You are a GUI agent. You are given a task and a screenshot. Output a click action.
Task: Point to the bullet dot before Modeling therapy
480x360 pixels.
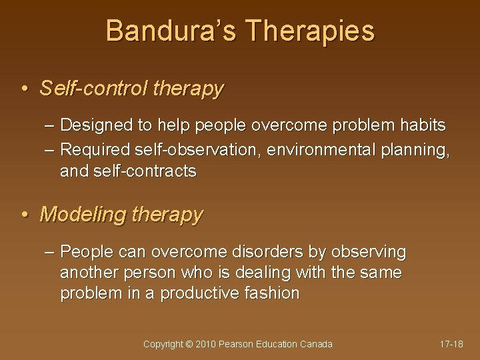[x=25, y=215]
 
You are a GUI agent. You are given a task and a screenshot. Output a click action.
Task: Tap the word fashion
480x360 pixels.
[x=273, y=293]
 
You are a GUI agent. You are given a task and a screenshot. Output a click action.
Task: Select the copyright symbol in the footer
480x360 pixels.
[x=189, y=344]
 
